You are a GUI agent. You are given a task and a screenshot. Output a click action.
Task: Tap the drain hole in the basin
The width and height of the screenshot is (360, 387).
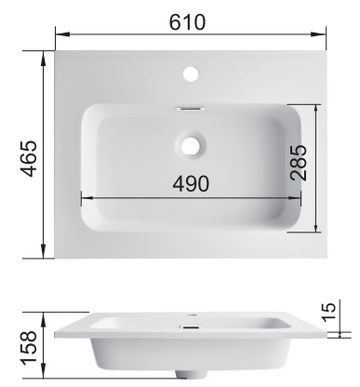click(x=191, y=145)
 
